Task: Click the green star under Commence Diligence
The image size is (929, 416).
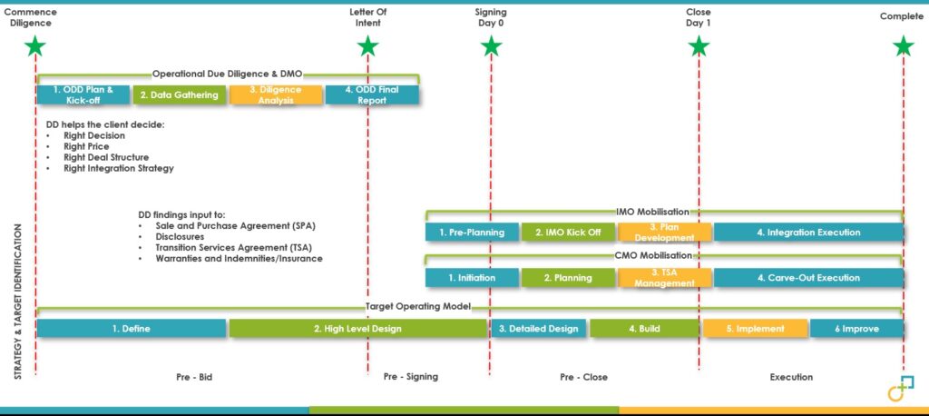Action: [x=35, y=46]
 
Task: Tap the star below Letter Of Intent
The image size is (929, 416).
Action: [x=368, y=46]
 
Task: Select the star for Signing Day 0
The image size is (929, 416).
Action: [x=491, y=46]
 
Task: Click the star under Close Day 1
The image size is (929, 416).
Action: [x=699, y=46]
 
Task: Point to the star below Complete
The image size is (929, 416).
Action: [x=904, y=46]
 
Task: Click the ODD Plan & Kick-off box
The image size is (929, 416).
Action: [x=83, y=95]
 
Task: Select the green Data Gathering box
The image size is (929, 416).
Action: [x=180, y=95]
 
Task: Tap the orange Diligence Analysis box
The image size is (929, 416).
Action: [x=276, y=95]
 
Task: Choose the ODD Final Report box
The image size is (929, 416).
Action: [x=372, y=95]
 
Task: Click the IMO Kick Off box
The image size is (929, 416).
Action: [x=568, y=232]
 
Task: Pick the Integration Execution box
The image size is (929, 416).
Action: [x=808, y=232]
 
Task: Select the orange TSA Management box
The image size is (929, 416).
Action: [x=664, y=278]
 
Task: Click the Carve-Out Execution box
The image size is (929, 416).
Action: [x=808, y=278]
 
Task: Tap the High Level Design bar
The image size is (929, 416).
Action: [x=357, y=329]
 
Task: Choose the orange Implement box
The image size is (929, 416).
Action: [x=756, y=329]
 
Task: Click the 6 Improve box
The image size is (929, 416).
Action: [x=856, y=329]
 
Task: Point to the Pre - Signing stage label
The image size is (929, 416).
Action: [x=411, y=376]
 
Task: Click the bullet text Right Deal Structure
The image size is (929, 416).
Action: [x=106, y=157]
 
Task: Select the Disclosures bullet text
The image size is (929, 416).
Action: [x=180, y=237]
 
